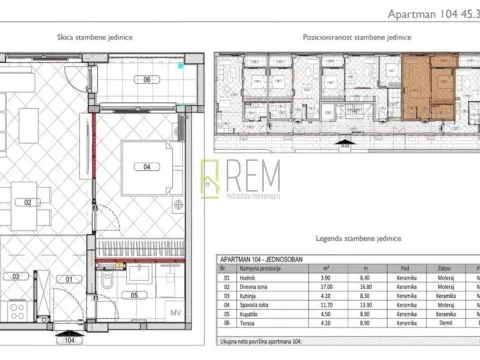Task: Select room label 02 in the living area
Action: point(29,202)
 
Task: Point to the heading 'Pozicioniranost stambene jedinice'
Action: point(345,34)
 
